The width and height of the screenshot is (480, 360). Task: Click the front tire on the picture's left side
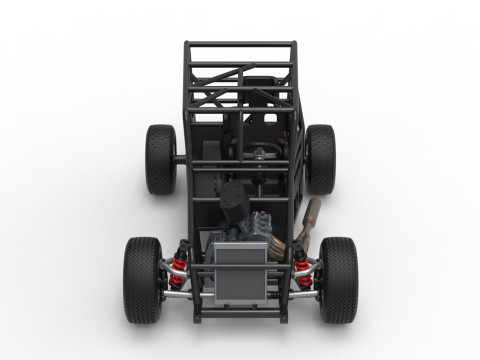(142, 279)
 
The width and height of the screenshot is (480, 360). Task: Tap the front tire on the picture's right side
(339, 279)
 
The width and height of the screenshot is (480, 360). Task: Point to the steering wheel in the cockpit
(262, 155)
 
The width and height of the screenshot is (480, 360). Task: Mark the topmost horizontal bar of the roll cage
(240, 43)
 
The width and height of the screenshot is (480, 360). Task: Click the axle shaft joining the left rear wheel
(181, 159)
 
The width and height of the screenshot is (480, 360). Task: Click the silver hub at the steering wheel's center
(262, 155)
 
